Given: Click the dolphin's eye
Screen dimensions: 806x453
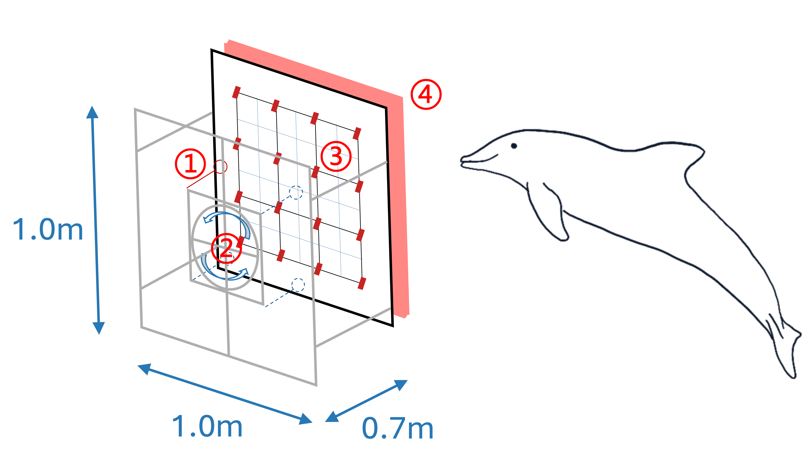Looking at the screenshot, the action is coord(514,146).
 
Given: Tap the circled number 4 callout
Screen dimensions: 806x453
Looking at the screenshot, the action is coord(426,94).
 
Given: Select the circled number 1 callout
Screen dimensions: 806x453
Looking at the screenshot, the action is coord(190,164).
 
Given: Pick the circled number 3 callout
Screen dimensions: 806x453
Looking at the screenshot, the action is coord(336,156).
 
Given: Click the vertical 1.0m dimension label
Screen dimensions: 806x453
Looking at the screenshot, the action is coord(48,230).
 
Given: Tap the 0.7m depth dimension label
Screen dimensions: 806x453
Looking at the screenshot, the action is coord(397,428).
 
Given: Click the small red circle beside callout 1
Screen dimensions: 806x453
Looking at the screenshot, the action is coord(220,167).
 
